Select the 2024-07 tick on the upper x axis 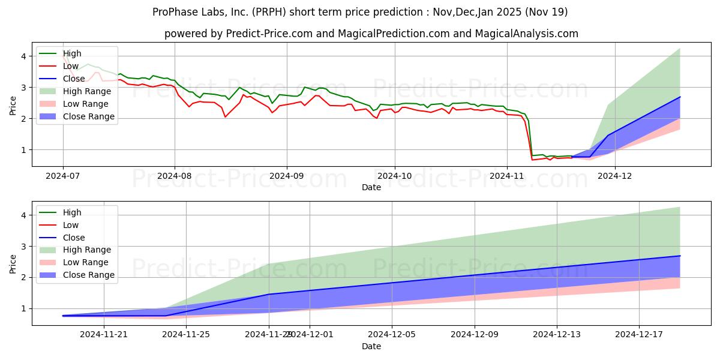pyautogui.click(x=63, y=176)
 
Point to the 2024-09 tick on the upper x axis pyautogui.click(x=286, y=176)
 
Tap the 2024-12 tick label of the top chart pyautogui.click(x=615, y=176)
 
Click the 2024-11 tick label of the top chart pyautogui.click(x=506, y=176)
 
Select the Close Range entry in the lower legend pyautogui.click(x=88, y=275)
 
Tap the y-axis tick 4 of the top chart pyautogui.click(x=23, y=56)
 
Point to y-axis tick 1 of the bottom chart pyautogui.click(x=23, y=308)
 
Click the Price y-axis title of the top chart pyautogui.click(x=13, y=104)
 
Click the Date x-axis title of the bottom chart pyautogui.click(x=371, y=346)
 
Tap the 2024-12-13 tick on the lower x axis pyautogui.click(x=557, y=335)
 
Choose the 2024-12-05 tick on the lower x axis pyautogui.click(x=392, y=335)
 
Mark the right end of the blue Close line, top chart pyautogui.click(x=680, y=97)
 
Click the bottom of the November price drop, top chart pyautogui.click(x=532, y=160)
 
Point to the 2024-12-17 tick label pyautogui.click(x=639, y=335)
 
